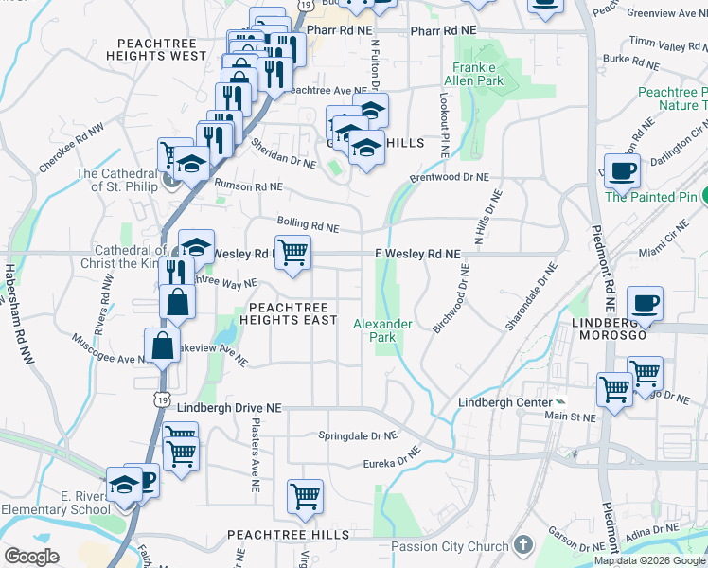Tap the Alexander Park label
382,330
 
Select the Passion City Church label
450,546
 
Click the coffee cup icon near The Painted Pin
622,171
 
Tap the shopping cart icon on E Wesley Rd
293,252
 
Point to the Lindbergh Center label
504,402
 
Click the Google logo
31,557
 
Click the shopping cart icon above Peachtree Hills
305,495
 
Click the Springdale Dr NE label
356,436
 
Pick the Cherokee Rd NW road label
63,150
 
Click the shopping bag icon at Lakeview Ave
162,346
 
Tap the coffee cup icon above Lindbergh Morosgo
646,304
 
